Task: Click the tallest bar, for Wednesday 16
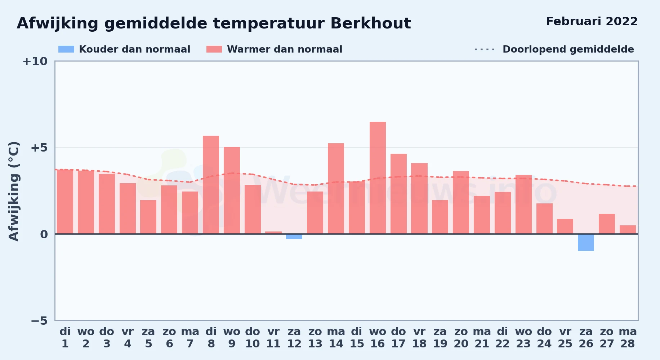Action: pyautogui.click(x=378, y=178)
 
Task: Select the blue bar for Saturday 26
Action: pyautogui.click(x=586, y=242)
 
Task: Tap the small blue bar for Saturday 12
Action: pyautogui.click(x=294, y=237)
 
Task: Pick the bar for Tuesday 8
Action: pyautogui.click(x=211, y=185)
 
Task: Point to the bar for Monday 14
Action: pyautogui.click(x=336, y=189)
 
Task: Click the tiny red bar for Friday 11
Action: pyautogui.click(x=273, y=233)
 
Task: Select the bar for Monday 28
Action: pyautogui.click(x=628, y=230)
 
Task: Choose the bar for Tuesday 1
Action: pyautogui.click(x=65, y=202)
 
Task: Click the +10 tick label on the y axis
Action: pyautogui.click(x=35, y=62)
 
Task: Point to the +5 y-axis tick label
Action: pyautogui.click(x=39, y=148)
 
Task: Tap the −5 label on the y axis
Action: pyautogui.click(x=39, y=321)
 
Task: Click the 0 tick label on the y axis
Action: pyautogui.click(x=44, y=234)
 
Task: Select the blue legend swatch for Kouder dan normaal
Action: pyautogui.click(x=66, y=49)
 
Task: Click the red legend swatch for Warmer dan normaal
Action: pyautogui.click(x=214, y=49)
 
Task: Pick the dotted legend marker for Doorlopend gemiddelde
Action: pyautogui.click(x=485, y=49)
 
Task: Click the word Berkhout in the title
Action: pyautogui.click(x=371, y=23)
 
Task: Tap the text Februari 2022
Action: pyautogui.click(x=592, y=22)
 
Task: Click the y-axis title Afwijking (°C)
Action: pyautogui.click(x=14, y=191)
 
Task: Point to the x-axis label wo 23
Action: pyautogui.click(x=523, y=338)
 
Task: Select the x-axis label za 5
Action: pyautogui.click(x=148, y=338)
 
